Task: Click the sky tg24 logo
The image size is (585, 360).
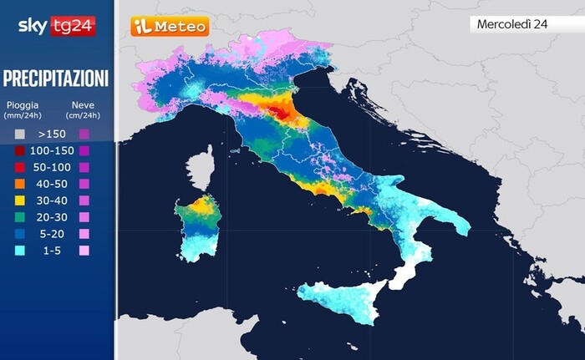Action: [56, 26]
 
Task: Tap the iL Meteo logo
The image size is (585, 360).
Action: [170, 27]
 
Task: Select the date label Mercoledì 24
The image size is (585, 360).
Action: [511, 24]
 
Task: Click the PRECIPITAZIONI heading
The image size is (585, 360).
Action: [56, 79]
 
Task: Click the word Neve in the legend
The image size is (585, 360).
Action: [81, 106]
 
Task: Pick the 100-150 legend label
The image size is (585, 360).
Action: [52, 150]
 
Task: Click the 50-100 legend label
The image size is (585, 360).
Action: [52, 166]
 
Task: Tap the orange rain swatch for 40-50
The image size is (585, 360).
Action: [20, 183]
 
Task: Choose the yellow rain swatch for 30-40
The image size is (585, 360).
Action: [20, 200]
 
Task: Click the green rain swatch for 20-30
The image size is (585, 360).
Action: [20, 217]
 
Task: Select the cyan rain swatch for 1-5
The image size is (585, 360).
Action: [20, 251]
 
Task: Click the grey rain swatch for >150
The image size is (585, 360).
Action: [20, 133]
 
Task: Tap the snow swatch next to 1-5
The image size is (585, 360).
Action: [84, 251]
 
